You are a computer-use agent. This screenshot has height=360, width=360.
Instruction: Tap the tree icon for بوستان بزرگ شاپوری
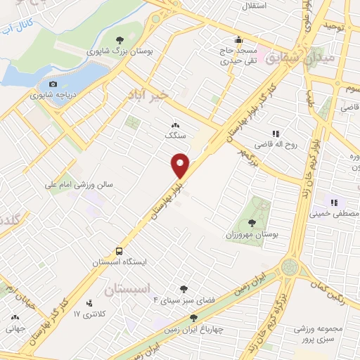[120, 40]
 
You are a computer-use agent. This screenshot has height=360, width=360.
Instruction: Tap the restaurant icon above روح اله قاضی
[276, 133]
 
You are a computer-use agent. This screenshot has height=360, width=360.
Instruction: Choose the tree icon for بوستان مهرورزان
[252, 222]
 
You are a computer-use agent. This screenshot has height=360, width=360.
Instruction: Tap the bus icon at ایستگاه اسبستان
[120, 250]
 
